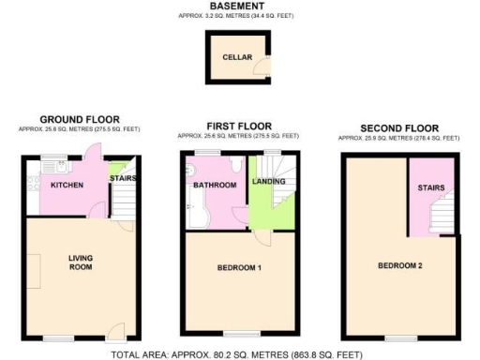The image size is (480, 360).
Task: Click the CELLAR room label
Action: tap(235, 57)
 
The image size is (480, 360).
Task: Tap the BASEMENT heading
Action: tap(236, 7)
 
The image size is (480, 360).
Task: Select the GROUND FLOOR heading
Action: tap(77, 119)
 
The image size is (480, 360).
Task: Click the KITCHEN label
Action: tap(67, 185)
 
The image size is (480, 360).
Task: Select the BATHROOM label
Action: tap(215, 186)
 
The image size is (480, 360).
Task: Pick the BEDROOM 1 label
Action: tap(239, 269)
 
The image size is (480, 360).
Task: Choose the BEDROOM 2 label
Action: tap(400, 265)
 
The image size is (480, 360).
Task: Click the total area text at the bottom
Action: tap(236, 354)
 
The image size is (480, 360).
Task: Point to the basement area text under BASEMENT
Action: tap(236, 17)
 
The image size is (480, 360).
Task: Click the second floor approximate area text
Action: tap(398, 138)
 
